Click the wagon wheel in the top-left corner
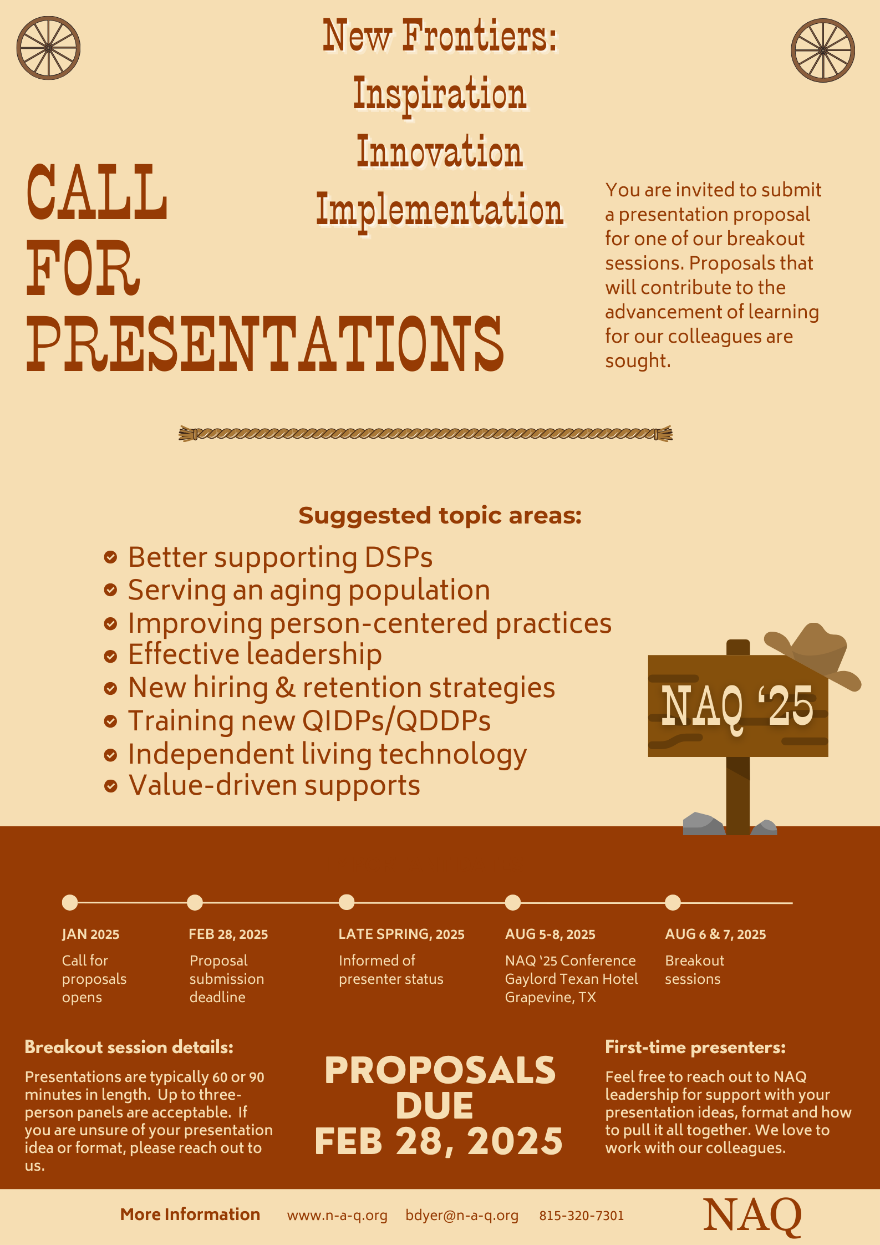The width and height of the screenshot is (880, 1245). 48,48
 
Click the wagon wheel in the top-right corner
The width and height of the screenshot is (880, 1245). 823,50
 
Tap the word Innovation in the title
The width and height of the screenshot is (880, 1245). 440,151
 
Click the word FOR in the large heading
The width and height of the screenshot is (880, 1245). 83,268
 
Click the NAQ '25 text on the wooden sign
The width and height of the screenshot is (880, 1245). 737,706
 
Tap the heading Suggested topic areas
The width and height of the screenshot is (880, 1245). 440,515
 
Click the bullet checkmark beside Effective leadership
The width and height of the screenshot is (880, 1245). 111,656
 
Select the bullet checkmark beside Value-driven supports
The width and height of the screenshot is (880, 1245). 111,786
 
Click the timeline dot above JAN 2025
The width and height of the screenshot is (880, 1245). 70,902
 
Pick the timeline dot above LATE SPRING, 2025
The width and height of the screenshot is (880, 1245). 347,902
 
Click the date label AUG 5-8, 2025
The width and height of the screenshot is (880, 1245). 550,934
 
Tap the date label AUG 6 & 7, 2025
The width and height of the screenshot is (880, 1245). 715,934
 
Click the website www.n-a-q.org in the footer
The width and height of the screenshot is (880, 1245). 337,1216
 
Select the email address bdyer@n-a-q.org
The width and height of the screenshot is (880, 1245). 462,1216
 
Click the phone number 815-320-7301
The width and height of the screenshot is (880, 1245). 582,1216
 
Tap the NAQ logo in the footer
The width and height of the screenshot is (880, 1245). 752,1216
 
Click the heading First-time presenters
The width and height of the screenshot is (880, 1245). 695,1047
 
